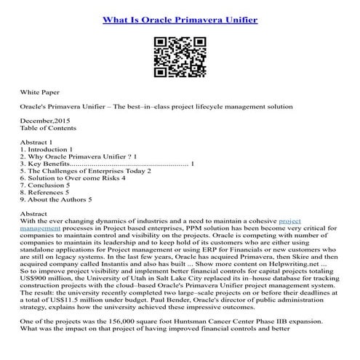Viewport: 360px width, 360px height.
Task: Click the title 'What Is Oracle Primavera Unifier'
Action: point(179,17)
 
